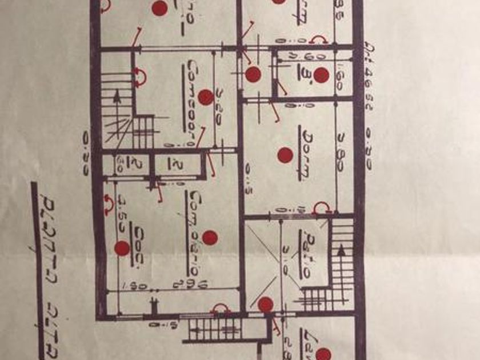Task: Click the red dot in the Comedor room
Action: (x=206, y=97)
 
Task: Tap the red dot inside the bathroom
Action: (x=321, y=75)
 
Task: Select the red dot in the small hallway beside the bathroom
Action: (x=253, y=74)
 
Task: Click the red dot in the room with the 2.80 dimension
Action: (x=285, y=155)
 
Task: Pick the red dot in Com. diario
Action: (x=210, y=238)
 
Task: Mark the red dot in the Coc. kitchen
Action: (x=122, y=248)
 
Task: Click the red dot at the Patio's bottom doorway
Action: (x=265, y=305)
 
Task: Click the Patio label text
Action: (x=306, y=254)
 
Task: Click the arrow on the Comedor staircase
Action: (x=117, y=97)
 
